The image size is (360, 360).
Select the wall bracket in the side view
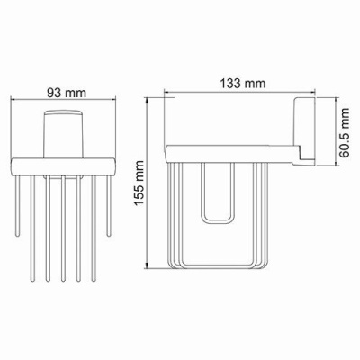tap(303, 126)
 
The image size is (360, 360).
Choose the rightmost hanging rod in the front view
tap(108, 207)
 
